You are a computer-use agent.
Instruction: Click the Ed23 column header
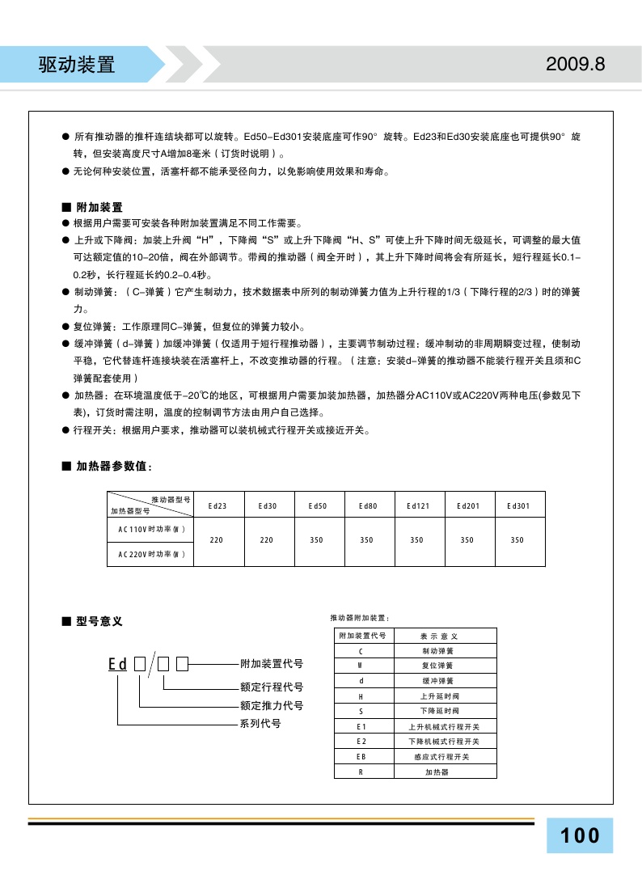(x=217, y=506)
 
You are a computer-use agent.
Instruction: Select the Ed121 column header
(x=417, y=506)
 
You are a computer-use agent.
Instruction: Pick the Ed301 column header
(x=517, y=506)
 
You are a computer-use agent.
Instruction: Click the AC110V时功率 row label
(x=151, y=529)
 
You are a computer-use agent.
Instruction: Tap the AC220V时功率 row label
(x=151, y=554)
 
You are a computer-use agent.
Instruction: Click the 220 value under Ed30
(x=267, y=540)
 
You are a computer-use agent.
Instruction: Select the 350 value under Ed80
(x=367, y=540)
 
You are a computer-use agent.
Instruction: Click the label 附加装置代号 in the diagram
(x=272, y=664)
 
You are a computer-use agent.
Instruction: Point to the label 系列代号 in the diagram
(x=260, y=724)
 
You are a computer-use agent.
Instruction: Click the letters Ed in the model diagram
(x=118, y=665)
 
